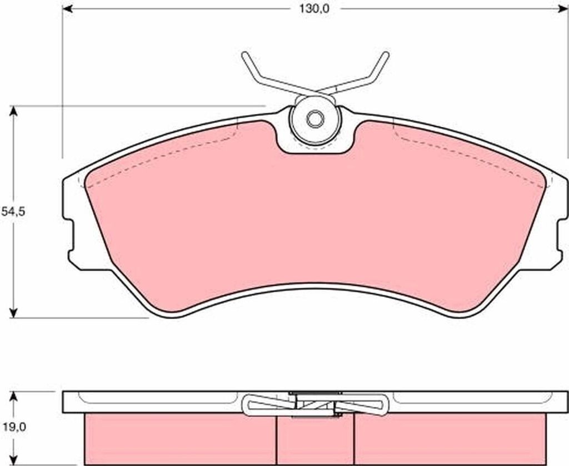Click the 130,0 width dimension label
[x=315, y=9]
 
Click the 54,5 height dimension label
[x=13, y=211]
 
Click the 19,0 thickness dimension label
[x=13, y=428]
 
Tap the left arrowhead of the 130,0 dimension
[x=67, y=9]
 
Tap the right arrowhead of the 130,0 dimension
[x=562, y=9]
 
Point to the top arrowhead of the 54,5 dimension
[x=13, y=111]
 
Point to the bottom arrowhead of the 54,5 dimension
[x=13, y=313]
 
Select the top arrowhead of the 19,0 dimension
[x=13, y=396]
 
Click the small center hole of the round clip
[x=315, y=119]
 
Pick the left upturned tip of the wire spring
[x=244, y=54]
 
